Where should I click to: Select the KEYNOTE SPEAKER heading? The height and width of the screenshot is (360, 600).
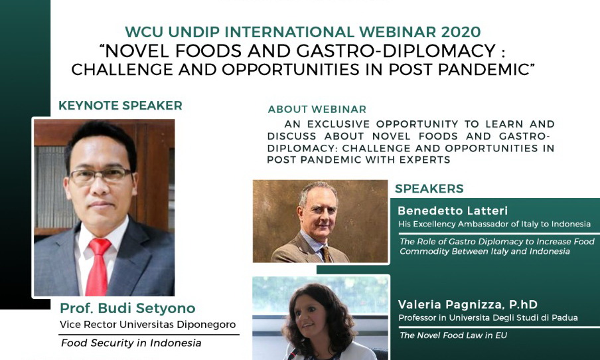point(120,106)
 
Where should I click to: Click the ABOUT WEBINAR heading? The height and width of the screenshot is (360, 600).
point(317,110)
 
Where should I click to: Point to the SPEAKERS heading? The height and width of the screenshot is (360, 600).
point(429,189)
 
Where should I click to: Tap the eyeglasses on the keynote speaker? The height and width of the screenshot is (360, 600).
point(100,175)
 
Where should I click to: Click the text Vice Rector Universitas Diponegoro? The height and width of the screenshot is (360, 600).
point(147,325)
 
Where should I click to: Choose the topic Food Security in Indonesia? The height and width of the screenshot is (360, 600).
point(131,343)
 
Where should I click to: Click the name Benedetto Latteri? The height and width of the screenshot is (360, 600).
point(453,211)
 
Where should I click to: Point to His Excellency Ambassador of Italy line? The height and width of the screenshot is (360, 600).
point(494,225)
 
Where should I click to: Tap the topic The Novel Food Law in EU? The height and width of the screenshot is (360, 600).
point(453,335)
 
